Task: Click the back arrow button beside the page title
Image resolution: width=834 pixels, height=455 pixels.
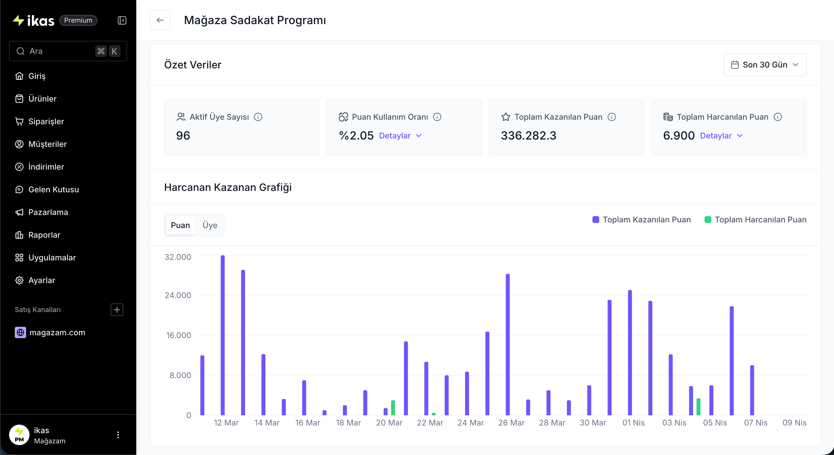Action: (160, 20)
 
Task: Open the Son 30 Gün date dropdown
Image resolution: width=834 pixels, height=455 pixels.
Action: (764, 65)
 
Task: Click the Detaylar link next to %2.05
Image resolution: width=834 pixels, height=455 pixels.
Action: (400, 136)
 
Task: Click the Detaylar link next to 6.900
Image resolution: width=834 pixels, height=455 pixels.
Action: (721, 136)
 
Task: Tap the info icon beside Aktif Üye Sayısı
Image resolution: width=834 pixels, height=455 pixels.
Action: (258, 117)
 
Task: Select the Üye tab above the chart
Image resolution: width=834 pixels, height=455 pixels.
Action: (210, 225)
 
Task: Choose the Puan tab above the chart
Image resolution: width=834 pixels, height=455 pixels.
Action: (180, 225)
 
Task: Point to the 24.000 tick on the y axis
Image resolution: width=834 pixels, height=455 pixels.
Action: (178, 295)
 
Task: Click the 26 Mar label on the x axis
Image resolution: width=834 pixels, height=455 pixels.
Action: (511, 423)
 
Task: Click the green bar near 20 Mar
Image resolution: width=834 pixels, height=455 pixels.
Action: (393, 408)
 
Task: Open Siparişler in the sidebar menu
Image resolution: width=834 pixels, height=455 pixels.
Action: (46, 121)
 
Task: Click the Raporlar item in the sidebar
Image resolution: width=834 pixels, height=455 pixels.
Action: (44, 235)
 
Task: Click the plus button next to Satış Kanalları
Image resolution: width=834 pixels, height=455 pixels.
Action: (117, 310)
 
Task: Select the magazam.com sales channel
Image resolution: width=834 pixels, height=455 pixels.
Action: (57, 332)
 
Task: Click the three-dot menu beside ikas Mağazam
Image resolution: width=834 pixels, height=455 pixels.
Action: (118, 435)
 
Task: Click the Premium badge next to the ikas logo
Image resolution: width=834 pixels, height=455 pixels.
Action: (78, 20)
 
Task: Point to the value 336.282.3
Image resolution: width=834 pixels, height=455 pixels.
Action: (528, 136)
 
